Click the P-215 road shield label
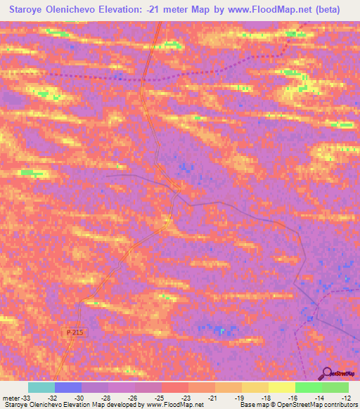pos(77,331)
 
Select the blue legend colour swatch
pos(68,387)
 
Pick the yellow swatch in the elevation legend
pos(281,387)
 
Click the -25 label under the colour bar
pos(145,397)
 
